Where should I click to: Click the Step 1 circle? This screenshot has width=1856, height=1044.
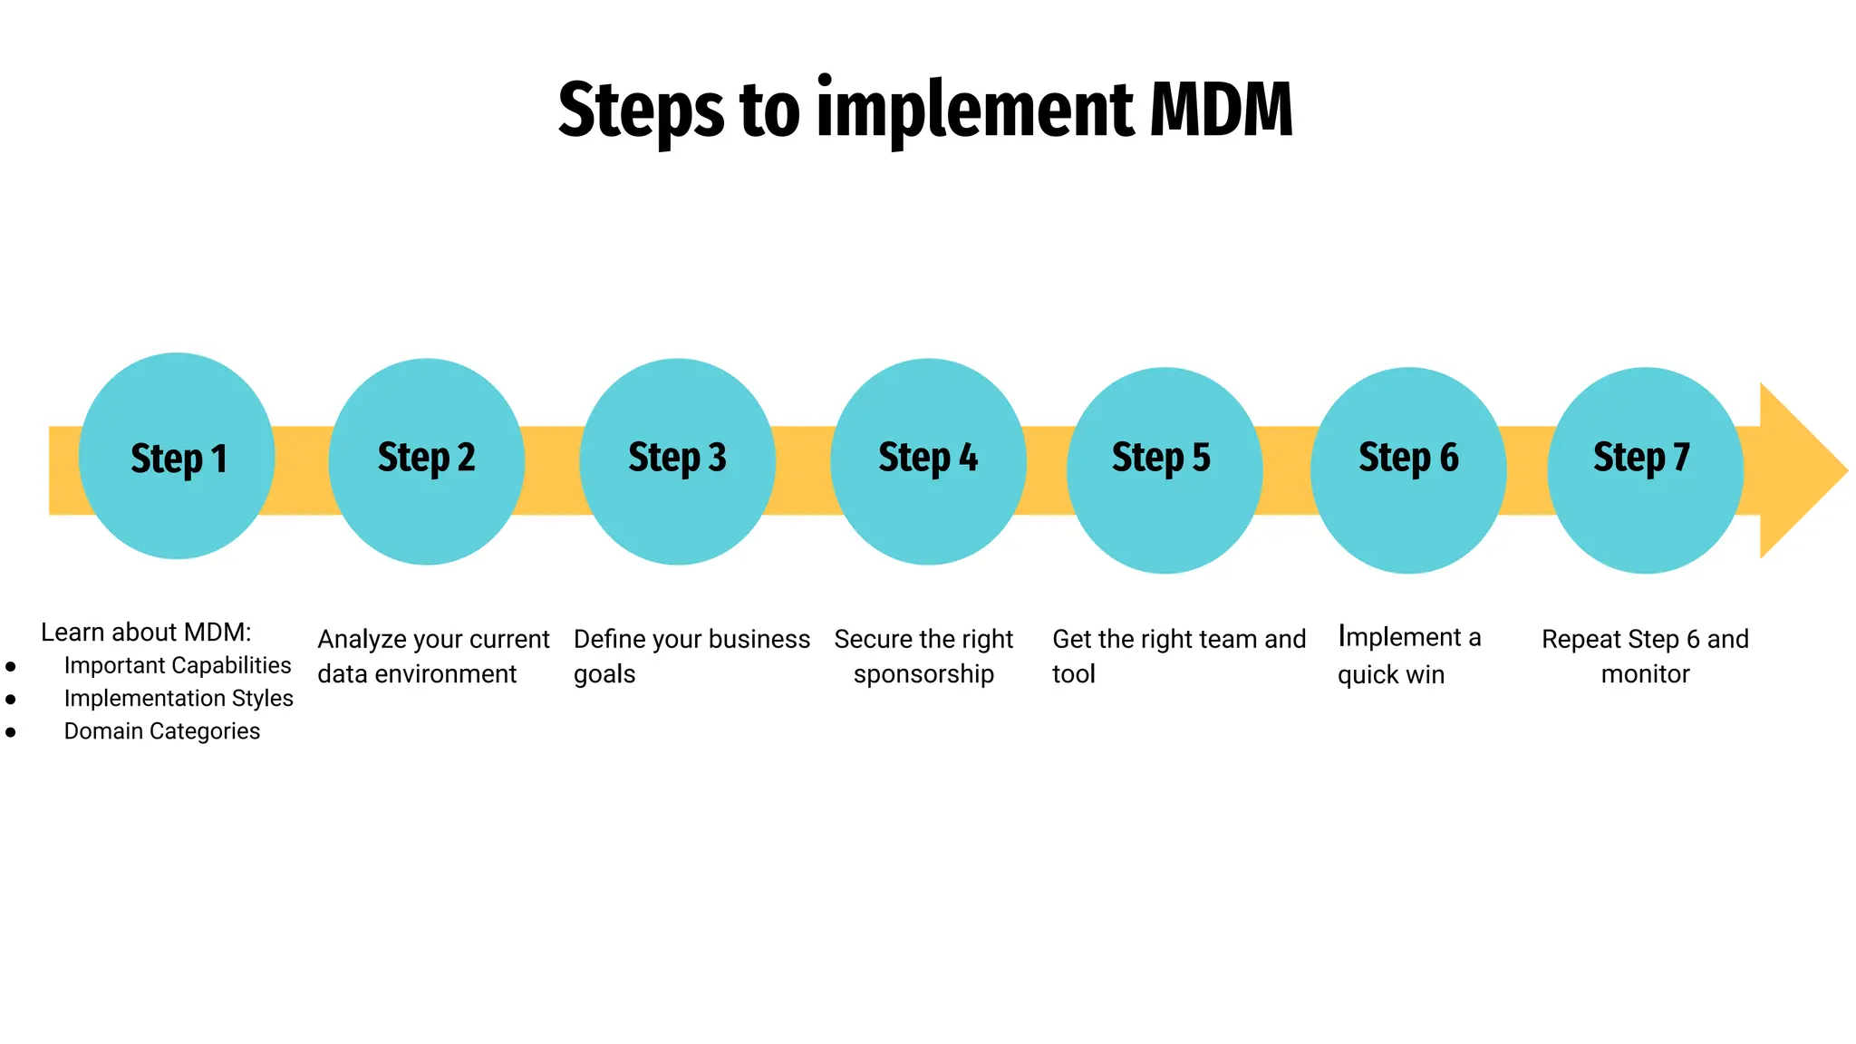(x=177, y=457)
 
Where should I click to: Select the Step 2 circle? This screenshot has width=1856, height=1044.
(x=426, y=461)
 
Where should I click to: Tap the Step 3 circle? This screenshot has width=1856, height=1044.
(x=677, y=461)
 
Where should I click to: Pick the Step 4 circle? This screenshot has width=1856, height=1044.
(x=928, y=461)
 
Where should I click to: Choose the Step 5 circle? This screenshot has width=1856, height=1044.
(x=1164, y=469)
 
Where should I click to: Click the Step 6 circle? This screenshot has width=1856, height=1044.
(x=1408, y=469)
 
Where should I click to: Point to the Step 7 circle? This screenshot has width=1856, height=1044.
(x=1644, y=469)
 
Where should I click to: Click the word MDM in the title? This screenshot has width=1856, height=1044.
(x=1221, y=111)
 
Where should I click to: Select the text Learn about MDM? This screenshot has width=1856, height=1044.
(x=146, y=633)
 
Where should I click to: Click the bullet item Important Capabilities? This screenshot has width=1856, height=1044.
(x=178, y=665)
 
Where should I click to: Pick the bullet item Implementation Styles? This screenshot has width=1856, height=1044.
(x=179, y=698)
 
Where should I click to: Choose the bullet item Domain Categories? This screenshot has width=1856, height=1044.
(x=161, y=730)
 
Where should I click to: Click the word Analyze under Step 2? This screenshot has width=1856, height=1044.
(x=361, y=640)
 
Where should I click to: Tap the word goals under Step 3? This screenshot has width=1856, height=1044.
(x=604, y=675)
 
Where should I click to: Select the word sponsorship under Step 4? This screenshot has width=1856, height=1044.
(x=923, y=675)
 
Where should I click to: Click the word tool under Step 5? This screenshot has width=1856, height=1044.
(x=1074, y=674)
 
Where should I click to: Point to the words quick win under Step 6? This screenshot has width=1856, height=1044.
(x=1391, y=675)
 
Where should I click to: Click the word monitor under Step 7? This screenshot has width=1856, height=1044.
(x=1645, y=674)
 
